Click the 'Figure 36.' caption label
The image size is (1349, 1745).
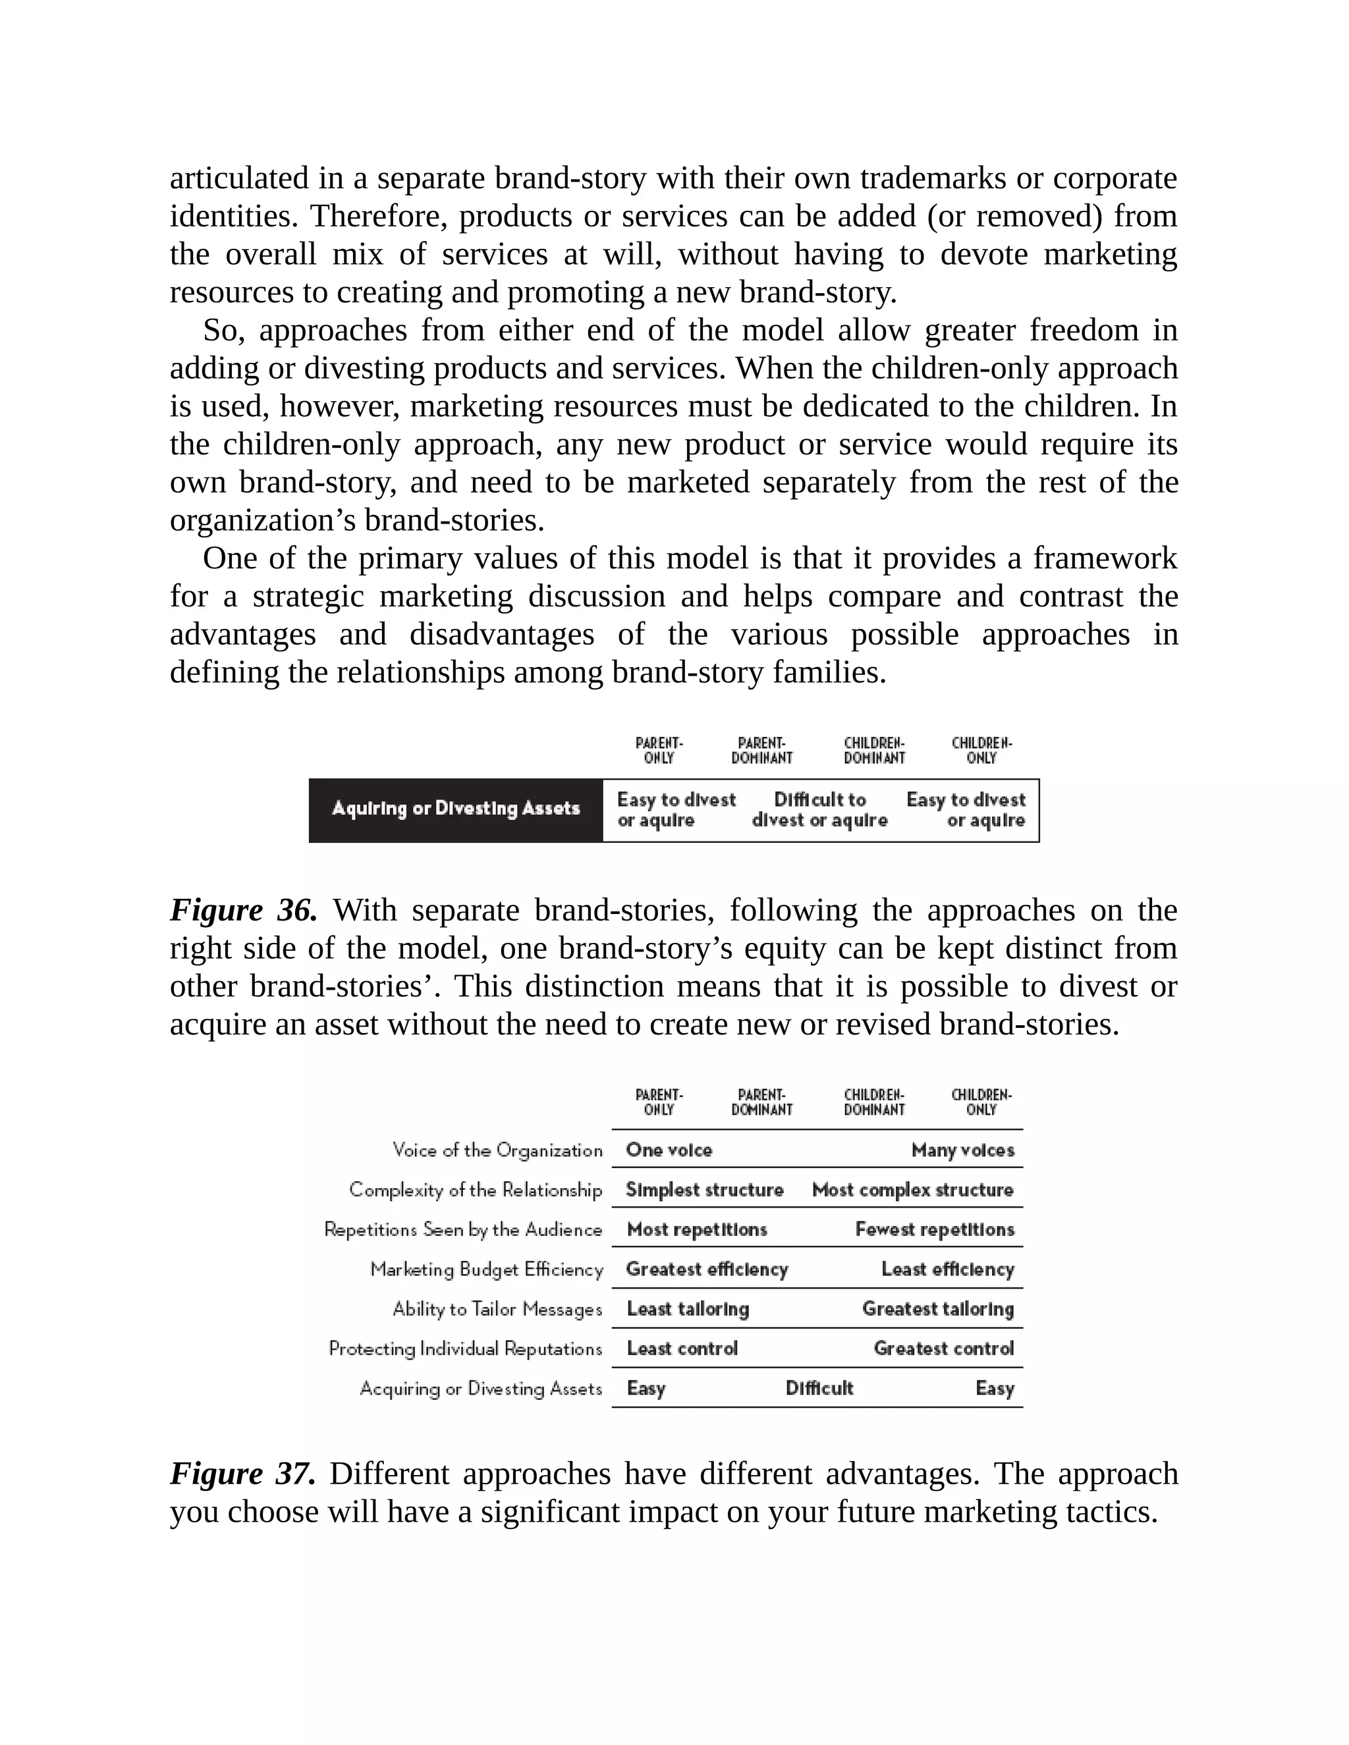pyautogui.click(x=243, y=910)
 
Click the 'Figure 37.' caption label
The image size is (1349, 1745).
pyautogui.click(x=242, y=1473)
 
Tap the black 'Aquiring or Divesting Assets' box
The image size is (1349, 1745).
pyautogui.click(x=456, y=809)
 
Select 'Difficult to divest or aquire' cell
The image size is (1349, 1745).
pyautogui.click(x=819, y=809)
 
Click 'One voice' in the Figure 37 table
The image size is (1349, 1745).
pyautogui.click(x=669, y=1150)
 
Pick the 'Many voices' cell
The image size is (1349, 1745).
pyautogui.click(x=962, y=1150)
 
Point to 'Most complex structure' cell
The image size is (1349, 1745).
pyautogui.click(x=912, y=1190)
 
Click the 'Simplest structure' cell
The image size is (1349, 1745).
pyautogui.click(x=704, y=1190)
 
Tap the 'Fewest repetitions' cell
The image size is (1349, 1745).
pyautogui.click(x=934, y=1229)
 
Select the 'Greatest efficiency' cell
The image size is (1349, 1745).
pyautogui.click(x=707, y=1269)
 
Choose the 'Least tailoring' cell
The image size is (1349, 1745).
pyautogui.click(x=687, y=1309)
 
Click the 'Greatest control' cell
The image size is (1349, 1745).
pyautogui.click(x=943, y=1349)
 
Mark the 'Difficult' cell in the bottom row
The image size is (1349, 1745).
pyautogui.click(x=819, y=1388)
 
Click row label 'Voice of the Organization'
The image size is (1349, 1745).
pyautogui.click(x=497, y=1150)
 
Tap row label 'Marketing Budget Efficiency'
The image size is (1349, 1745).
pyautogui.click(x=486, y=1269)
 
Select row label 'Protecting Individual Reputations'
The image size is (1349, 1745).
pyautogui.click(x=465, y=1349)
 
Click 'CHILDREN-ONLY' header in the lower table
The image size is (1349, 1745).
pyautogui.click(x=981, y=1102)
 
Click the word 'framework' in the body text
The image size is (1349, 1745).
pyautogui.click(x=1105, y=558)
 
